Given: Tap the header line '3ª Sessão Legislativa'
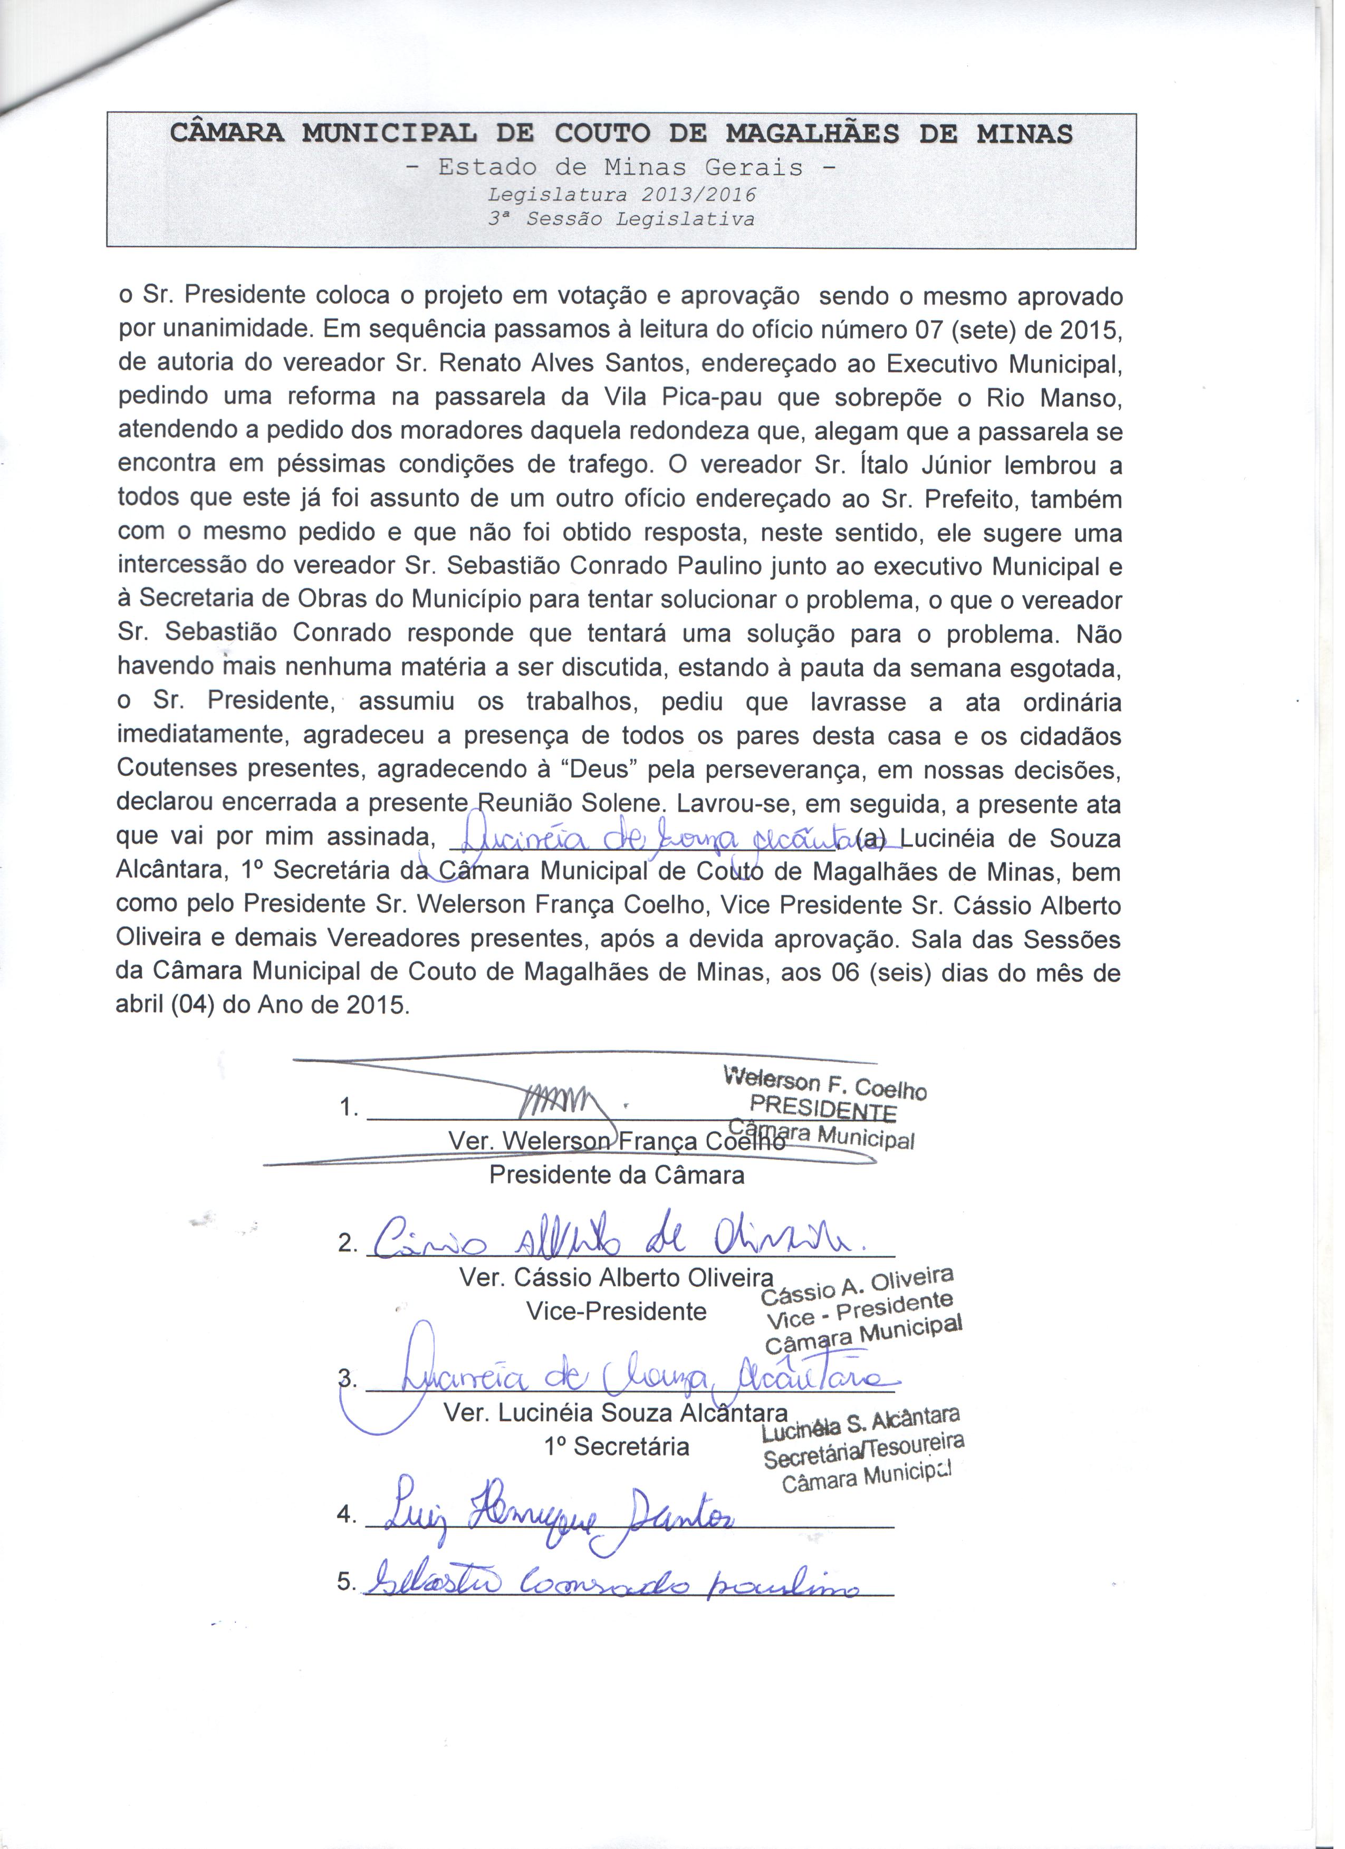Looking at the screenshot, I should (x=621, y=220).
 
